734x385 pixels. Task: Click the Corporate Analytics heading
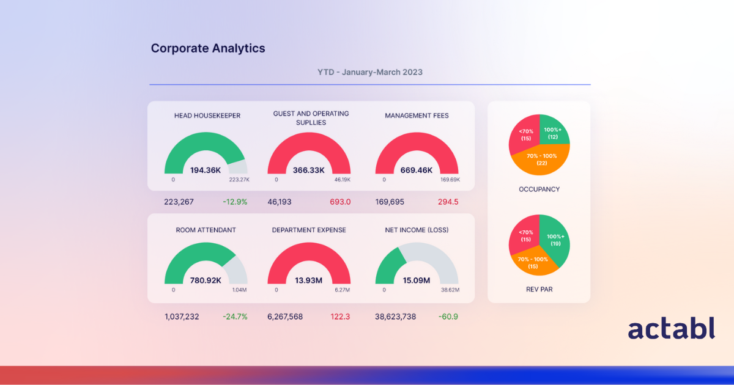coord(208,48)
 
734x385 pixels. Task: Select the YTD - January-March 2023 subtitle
coord(369,72)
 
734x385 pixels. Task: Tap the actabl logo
coord(671,329)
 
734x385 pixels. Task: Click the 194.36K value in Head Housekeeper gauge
coord(206,170)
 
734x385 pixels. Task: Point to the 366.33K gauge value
coord(309,170)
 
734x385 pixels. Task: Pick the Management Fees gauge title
coord(417,116)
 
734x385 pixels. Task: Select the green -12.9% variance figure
coord(234,202)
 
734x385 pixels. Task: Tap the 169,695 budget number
coord(390,202)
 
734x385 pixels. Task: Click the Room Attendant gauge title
coord(206,230)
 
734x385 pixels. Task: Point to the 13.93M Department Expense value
coord(309,280)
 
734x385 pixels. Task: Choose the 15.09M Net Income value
coord(417,280)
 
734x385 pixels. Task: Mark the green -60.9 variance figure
coord(448,317)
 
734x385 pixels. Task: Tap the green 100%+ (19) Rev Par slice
coord(555,240)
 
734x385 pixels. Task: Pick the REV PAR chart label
coord(539,289)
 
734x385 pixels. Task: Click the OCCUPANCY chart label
coord(539,189)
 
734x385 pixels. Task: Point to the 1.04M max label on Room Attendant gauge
coord(240,290)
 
